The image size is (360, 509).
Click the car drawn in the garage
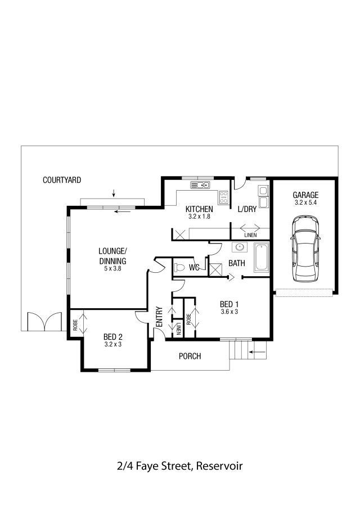(x=305, y=249)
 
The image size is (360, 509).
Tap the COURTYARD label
(x=62, y=180)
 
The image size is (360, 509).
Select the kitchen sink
(x=200, y=185)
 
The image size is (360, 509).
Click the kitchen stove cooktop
(x=224, y=197)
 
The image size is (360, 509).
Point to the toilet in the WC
(x=179, y=268)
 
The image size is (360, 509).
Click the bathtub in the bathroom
(x=262, y=258)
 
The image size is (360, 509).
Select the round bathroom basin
(x=240, y=247)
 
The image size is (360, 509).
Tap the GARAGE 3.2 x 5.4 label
(x=305, y=198)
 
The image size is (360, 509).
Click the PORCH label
(x=190, y=356)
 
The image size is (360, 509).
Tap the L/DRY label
(x=247, y=209)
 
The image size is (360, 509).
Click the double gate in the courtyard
(x=44, y=321)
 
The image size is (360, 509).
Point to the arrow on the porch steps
(x=258, y=352)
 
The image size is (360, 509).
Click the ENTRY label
(x=159, y=317)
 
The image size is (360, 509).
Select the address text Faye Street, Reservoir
(x=189, y=466)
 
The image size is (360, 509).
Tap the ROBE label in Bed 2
(x=75, y=325)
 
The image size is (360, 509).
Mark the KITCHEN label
(x=199, y=209)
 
